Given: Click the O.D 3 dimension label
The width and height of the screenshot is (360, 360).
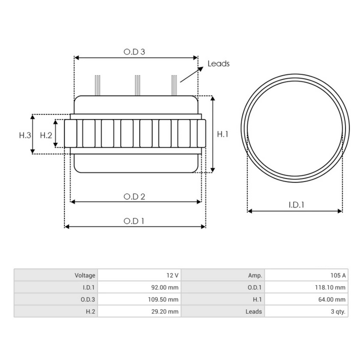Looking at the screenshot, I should [134, 52].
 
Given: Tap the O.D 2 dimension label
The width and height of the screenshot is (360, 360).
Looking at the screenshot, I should [135, 196].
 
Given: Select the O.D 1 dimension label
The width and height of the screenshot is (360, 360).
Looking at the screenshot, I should [134, 221].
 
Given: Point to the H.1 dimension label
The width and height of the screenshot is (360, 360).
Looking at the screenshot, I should [222, 134].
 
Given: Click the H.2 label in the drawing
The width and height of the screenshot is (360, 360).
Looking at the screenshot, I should [45, 135].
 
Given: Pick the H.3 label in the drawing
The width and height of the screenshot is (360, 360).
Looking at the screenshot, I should [25, 135].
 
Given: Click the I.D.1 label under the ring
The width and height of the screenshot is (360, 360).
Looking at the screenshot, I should [296, 205].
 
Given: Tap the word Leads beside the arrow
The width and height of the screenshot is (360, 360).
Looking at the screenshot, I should [218, 64].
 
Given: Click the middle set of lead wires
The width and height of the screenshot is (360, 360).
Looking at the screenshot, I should [138, 85].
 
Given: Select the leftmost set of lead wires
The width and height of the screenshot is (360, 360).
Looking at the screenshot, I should [98, 85].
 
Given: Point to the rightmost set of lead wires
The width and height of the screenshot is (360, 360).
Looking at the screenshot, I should [174, 85].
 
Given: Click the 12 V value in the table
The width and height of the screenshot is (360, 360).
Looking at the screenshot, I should [172, 275].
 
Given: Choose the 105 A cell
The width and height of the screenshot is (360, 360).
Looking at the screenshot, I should [338, 275].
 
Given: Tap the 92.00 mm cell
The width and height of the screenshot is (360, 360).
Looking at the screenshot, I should [165, 287].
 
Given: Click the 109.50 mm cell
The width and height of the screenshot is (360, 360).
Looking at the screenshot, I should [163, 299].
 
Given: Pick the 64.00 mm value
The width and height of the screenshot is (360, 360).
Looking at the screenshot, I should [332, 299].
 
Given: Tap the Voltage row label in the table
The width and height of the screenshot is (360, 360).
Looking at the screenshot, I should [85, 275].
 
